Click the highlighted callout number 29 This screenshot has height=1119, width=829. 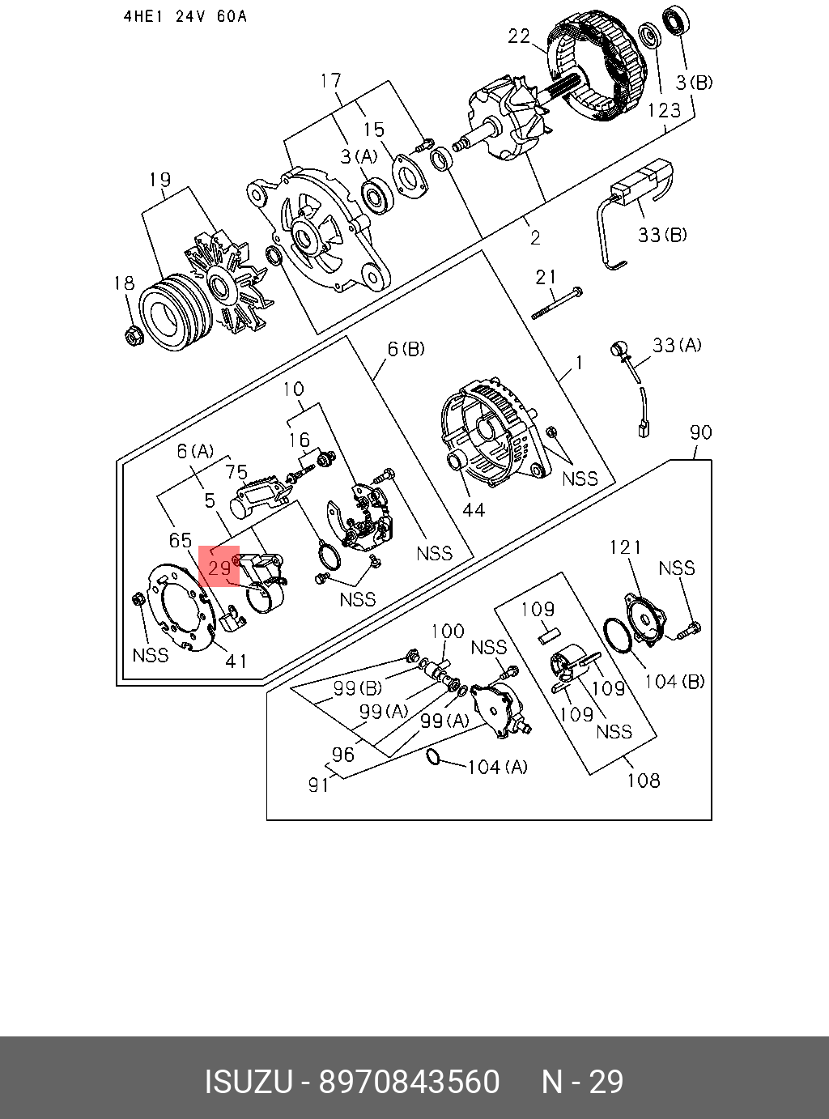[x=219, y=568]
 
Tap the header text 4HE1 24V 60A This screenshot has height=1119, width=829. [x=185, y=16]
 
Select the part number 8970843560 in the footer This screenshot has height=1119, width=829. [x=410, y=1082]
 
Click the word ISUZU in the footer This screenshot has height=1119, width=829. [x=247, y=1082]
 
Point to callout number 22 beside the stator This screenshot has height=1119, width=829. [x=519, y=36]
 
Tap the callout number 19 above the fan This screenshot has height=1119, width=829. [x=159, y=179]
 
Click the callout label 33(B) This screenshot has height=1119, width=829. [x=662, y=234]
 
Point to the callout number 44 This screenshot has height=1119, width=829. [x=473, y=508]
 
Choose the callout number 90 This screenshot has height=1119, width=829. [x=700, y=432]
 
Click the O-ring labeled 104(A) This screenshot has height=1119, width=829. [x=433, y=757]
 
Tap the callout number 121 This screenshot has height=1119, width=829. [x=625, y=547]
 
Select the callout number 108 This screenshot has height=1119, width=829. [x=643, y=780]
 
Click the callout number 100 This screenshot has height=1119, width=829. [x=447, y=631]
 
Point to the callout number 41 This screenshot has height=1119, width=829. [x=236, y=661]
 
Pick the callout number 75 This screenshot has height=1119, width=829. [x=236, y=472]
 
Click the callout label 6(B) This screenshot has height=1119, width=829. [x=406, y=349]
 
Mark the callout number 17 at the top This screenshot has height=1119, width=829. [x=330, y=80]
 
